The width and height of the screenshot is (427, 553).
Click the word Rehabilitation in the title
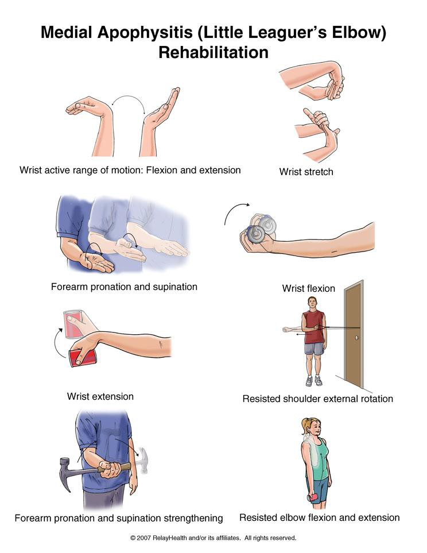(214, 52)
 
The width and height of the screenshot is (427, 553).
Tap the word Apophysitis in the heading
(145, 32)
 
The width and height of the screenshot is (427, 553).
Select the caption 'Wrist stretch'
(306, 172)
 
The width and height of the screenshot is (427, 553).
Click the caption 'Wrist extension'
(100, 396)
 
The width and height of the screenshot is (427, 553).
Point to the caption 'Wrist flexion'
(309, 288)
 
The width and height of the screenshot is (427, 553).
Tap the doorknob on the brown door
(357, 338)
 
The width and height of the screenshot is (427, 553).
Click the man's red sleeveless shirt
(314, 327)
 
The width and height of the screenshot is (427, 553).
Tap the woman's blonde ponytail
(304, 427)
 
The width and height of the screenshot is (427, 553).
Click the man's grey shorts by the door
(314, 349)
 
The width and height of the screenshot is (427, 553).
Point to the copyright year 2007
(143, 538)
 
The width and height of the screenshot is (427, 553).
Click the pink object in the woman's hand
(312, 497)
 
